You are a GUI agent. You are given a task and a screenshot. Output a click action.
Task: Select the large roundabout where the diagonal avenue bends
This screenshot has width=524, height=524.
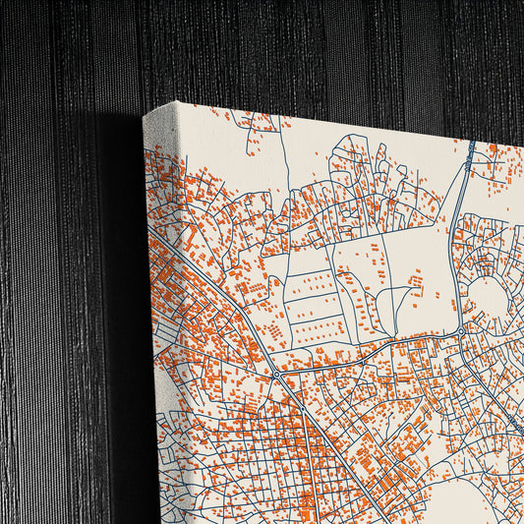(276, 374)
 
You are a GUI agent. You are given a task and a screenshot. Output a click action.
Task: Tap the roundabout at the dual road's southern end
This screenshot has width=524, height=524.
(460, 331)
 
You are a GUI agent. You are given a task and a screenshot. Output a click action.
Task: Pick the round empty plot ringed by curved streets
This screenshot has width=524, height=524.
(488, 295)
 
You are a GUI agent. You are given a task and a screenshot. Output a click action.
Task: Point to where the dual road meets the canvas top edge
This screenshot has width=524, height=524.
(472, 144)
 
